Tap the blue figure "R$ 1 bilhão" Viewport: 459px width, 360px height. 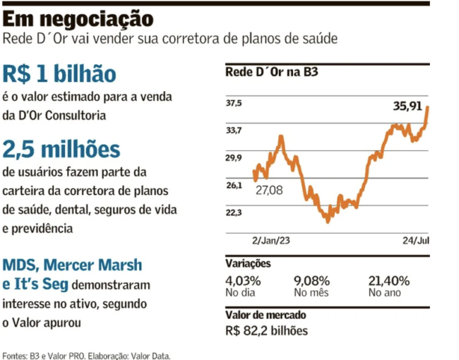click(59, 75)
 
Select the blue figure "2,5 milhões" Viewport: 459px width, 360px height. click(61, 150)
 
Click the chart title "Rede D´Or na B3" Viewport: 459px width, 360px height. click(272, 73)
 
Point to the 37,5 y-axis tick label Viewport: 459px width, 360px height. click(234, 103)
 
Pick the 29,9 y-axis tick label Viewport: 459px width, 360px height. click(234, 157)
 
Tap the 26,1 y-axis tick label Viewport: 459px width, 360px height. click(234, 185)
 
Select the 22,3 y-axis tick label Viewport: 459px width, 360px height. click(234, 212)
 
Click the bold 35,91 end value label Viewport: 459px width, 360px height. click(407, 107)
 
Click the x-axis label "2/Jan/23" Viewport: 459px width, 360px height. click(272, 240)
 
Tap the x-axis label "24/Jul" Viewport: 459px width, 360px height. click(415, 240)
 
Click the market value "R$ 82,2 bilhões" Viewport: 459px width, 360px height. click(267, 330)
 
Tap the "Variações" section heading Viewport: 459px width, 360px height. click(248, 263)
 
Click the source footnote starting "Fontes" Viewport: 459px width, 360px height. click(87, 355)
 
